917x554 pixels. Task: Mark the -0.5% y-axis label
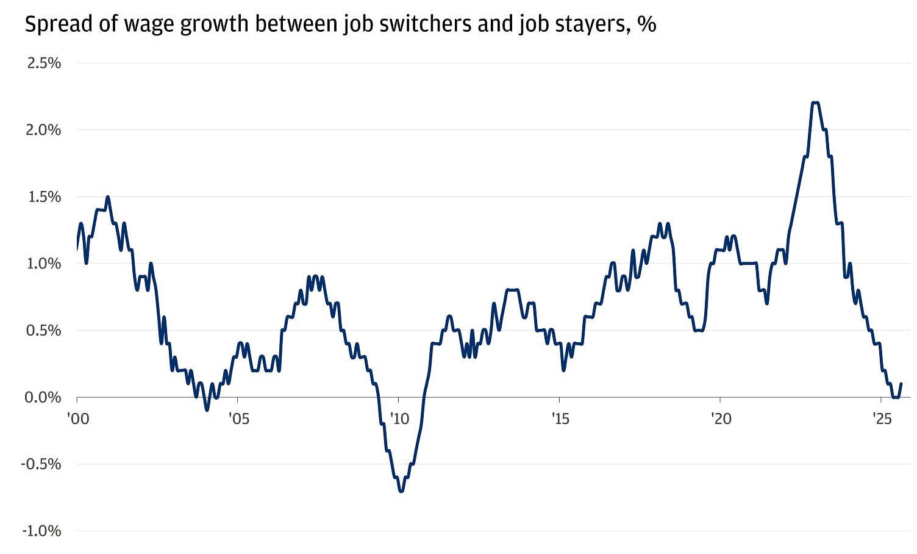41,464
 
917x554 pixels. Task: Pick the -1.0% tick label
41,531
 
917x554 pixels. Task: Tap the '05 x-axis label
238,419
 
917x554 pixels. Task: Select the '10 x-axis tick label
399,419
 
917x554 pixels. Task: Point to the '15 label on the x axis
560,419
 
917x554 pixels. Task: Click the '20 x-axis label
721,419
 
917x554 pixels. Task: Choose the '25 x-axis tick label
881,419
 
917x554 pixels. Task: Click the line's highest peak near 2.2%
815,103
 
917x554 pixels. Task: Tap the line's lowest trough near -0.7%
401,491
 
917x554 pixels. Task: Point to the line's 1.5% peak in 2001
108,196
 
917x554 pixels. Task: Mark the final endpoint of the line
901,384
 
